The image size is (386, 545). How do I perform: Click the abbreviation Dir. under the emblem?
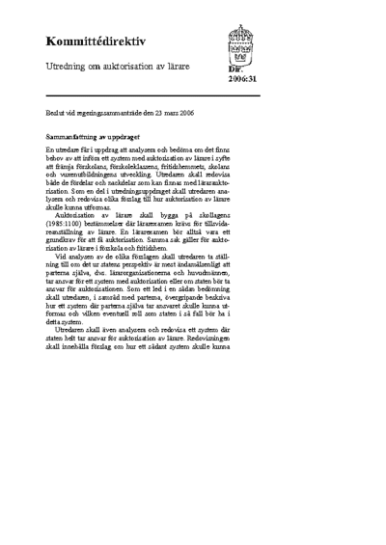pos(234,69)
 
